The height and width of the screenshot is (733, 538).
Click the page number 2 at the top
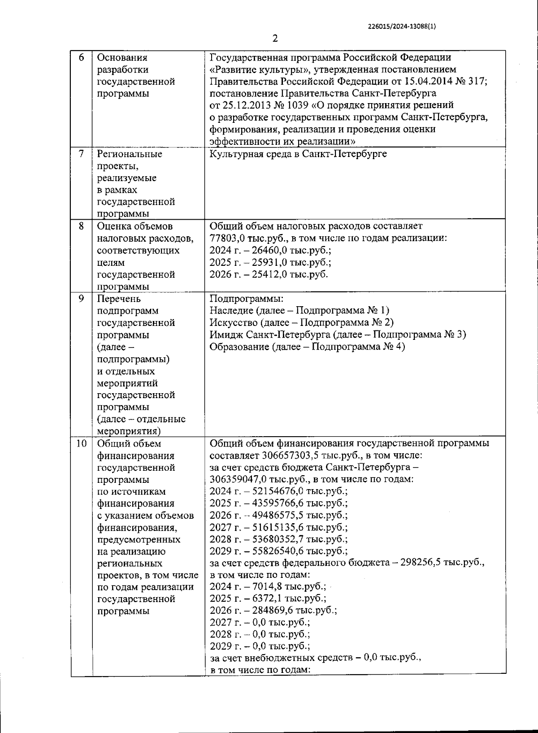[275, 39]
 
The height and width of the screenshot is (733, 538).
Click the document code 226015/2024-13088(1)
[402, 26]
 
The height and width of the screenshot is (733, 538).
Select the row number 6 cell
[81, 57]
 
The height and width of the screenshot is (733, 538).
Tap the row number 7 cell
[81, 154]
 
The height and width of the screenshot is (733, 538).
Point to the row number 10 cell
[81, 443]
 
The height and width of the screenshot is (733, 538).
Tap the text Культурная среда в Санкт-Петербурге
[298, 154]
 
